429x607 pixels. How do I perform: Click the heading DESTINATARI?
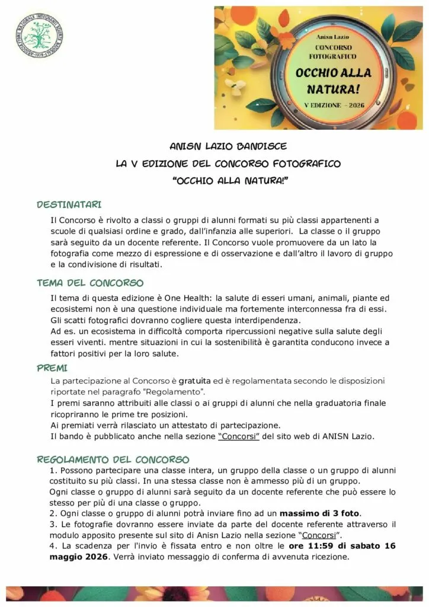69,205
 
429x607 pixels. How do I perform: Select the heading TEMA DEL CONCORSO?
90,283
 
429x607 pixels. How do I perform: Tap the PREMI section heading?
52,368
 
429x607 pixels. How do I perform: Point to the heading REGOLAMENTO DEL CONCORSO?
113,459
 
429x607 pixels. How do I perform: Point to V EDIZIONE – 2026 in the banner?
334,105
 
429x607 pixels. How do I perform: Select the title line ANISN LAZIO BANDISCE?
220,146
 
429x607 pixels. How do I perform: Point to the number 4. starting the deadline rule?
54,545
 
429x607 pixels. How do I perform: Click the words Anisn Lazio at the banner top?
335,37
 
